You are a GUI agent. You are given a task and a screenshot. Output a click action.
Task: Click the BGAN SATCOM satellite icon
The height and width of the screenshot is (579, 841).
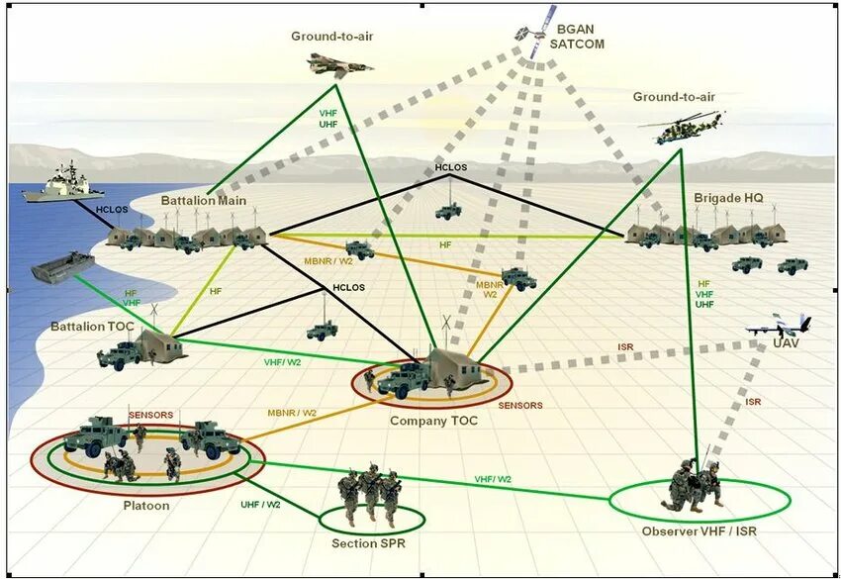click(x=531, y=32)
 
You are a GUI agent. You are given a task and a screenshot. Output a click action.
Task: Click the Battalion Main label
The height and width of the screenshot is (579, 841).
click(x=204, y=199)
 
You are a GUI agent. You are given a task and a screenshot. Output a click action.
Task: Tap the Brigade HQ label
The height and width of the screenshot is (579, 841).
click(x=729, y=198)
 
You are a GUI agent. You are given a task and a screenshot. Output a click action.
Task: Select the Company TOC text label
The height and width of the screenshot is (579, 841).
click(x=433, y=421)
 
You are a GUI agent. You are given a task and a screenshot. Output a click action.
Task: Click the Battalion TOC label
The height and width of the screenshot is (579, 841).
click(x=93, y=326)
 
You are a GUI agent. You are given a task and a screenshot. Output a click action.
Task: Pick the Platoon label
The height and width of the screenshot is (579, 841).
click(x=146, y=506)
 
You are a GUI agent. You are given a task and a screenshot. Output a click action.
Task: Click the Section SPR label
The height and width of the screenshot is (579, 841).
click(x=369, y=543)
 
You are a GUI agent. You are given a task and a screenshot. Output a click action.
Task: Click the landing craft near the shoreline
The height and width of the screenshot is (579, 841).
click(x=62, y=265)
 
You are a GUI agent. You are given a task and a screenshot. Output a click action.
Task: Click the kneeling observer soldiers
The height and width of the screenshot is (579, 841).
click(x=695, y=485)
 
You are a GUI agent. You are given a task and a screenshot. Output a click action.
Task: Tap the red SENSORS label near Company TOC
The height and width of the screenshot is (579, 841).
click(x=519, y=406)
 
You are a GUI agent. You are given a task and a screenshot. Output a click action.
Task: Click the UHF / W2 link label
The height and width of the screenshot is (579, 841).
click(x=260, y=504)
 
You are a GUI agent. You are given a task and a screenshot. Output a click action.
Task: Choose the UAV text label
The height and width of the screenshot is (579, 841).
click(x=786, y=343)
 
